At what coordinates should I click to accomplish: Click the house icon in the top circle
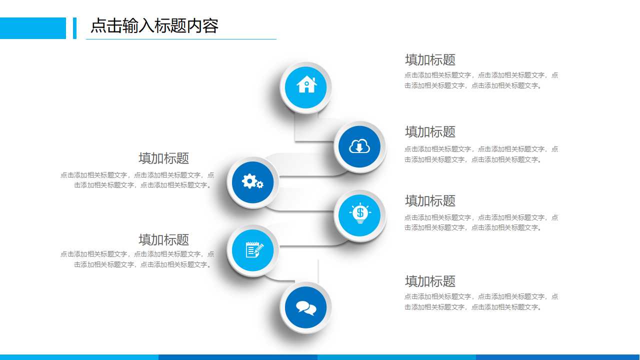[x=306, y=85]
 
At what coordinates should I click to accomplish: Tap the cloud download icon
[x=359, y=146]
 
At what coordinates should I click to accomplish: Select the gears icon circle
[x=252, y=182]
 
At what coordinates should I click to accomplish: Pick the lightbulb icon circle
[x=359, y=215]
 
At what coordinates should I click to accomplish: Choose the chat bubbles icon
[x=305, y=307]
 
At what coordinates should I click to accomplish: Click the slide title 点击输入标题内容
[x=154, y=26]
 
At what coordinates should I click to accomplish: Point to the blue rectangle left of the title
[x=32, y=28]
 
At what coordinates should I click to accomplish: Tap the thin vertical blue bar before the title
[x=74, y=28]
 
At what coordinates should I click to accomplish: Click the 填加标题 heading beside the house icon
[x=430, y=60]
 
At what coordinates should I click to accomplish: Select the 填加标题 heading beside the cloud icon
[x=430, y=132]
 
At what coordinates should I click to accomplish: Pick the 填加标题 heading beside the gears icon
[x=163, y=158]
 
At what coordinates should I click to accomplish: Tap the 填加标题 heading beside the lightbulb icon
[x=430, y=201]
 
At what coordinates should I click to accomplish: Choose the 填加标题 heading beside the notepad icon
[x=163, y=240]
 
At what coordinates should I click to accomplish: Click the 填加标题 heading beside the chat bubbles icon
[x=430, y=281]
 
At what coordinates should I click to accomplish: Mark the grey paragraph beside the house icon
[x=481, y=80]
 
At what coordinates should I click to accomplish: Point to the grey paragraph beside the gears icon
[x=137, y=180]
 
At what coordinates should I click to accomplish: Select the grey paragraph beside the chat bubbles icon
[x=481, y=301]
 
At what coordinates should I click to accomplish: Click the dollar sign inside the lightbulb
[x=360, y=212]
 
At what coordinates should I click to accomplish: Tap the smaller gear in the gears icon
[x=260, y=185]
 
